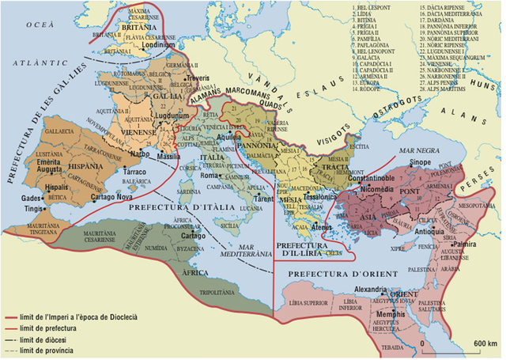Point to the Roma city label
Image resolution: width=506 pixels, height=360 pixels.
[x=209, y=176]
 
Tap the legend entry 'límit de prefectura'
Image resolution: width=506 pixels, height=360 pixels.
[x=47, y=328]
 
